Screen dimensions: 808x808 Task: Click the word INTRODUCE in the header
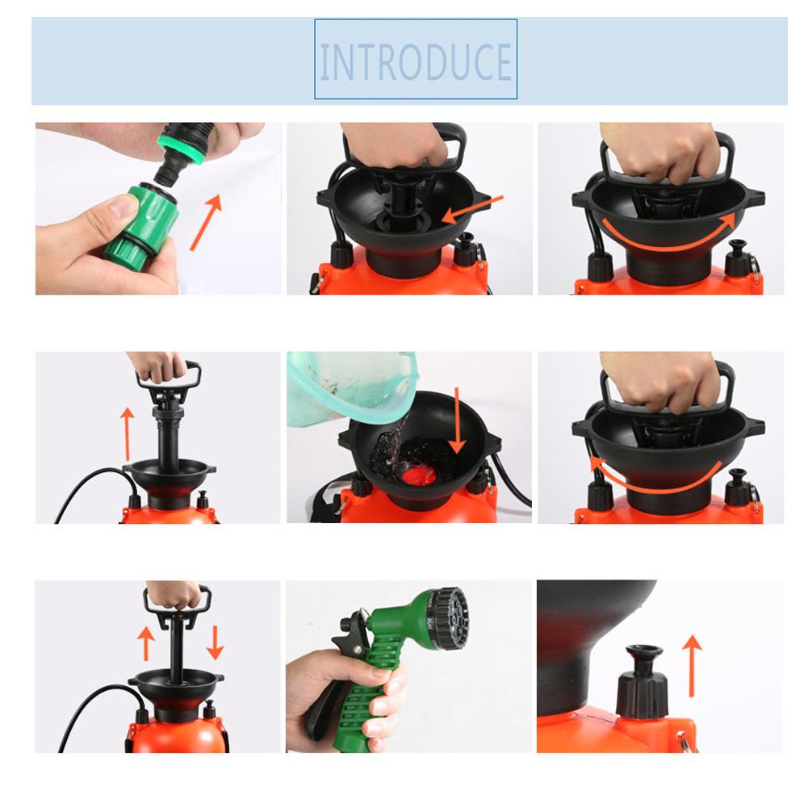click(416, 62)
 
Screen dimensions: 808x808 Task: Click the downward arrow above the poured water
click(457, 420)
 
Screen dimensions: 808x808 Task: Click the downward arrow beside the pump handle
click(215, 641)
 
